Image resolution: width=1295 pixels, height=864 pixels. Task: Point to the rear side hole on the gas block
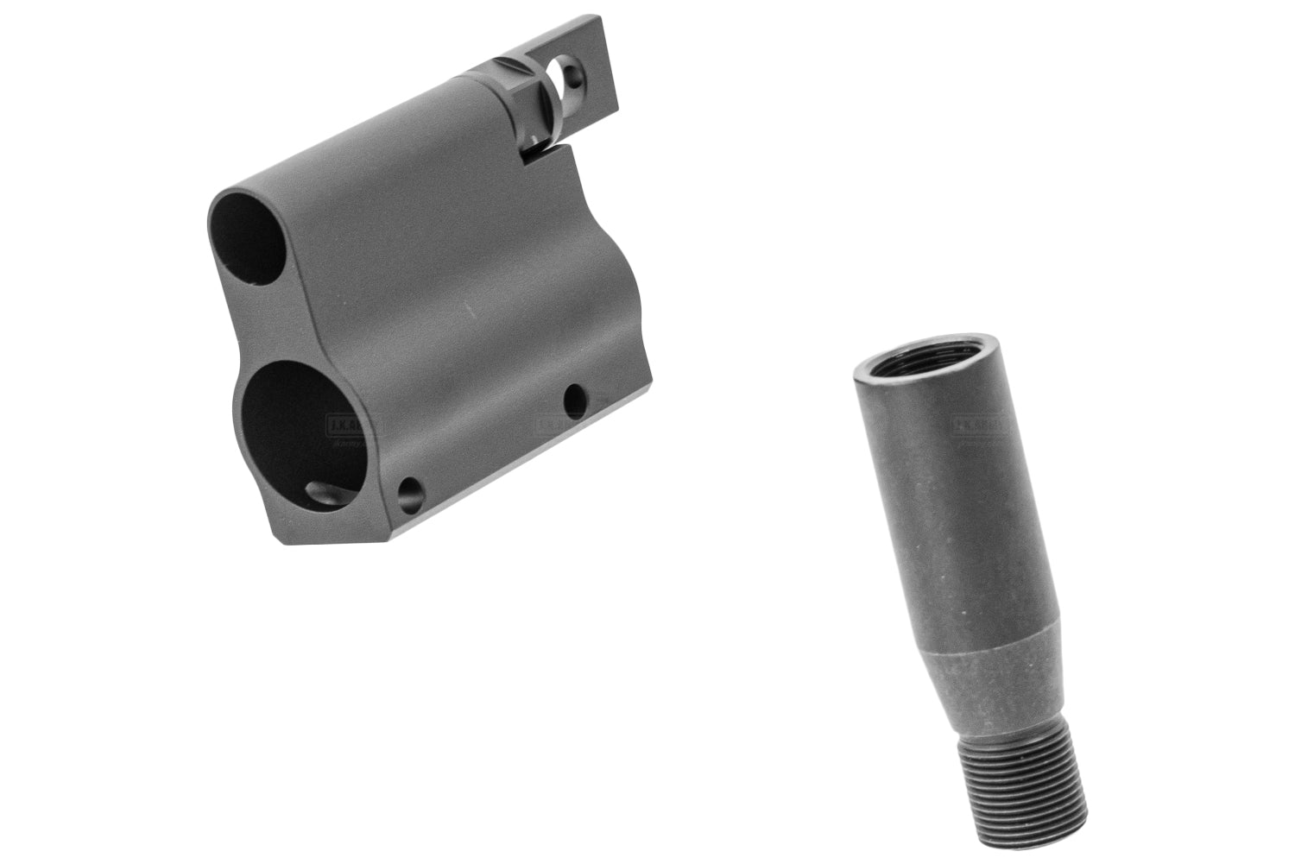point(572,398)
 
